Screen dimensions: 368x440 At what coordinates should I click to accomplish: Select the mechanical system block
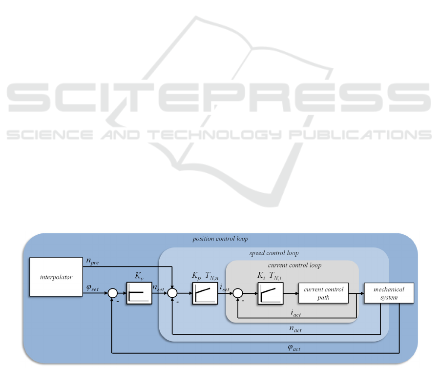point(389,293)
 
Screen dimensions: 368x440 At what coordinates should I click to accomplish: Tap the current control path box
point(324,293)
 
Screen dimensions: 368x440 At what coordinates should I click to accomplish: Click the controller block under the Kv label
point(139,293)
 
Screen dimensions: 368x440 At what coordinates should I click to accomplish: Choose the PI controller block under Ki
point(270,293)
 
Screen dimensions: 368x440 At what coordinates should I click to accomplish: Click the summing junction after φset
point(112,293)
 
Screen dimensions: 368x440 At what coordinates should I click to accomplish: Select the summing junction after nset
point(172,293)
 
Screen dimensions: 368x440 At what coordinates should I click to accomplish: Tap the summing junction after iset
point(237,293)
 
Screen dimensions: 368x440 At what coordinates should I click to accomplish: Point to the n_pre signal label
point(93,262)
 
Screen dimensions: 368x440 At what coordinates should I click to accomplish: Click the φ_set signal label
point(92,288)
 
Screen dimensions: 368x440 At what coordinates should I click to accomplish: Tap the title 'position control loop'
point(221,239)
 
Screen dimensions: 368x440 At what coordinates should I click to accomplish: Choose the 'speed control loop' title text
point(274,253)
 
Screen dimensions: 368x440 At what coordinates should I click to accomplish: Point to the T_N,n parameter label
point(211,276)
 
